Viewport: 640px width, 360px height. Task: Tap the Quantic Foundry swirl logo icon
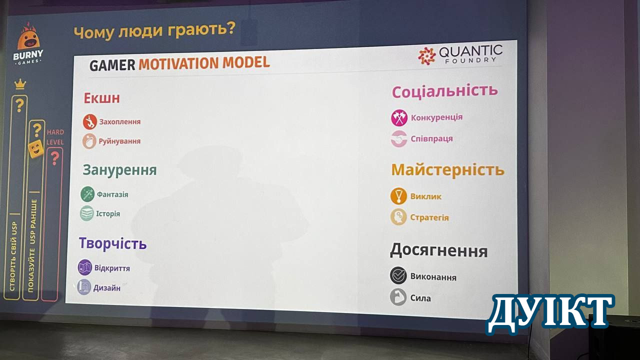pos(426,56)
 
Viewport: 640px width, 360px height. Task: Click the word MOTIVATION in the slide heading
pos(179,63)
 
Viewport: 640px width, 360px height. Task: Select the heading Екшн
pos(101,98)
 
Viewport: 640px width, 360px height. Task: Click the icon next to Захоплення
pos(89,121)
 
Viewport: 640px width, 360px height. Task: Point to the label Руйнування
pos(119,141)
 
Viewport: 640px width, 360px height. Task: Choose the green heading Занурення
pos(119,170)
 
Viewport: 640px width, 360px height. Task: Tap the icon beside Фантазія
pos(87,194)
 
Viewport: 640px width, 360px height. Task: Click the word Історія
pos(108,213)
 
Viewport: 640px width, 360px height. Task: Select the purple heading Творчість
pos(113,243)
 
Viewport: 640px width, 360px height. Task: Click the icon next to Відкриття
pos(85,267)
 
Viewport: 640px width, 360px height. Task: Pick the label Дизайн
pos(107,288)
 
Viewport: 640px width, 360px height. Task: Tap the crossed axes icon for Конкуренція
pos(399,117)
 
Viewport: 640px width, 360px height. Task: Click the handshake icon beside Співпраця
pos(399,139)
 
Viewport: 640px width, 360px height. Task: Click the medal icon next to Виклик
pos(398,196)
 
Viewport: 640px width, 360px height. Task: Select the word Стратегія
pos(429,217)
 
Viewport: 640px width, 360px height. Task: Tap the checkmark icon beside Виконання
pos(398,275)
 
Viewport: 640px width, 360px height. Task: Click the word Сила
pos(420,298)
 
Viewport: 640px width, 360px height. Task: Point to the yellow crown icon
pos(20,84)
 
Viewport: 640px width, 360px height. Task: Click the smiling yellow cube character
pos(36,149)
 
